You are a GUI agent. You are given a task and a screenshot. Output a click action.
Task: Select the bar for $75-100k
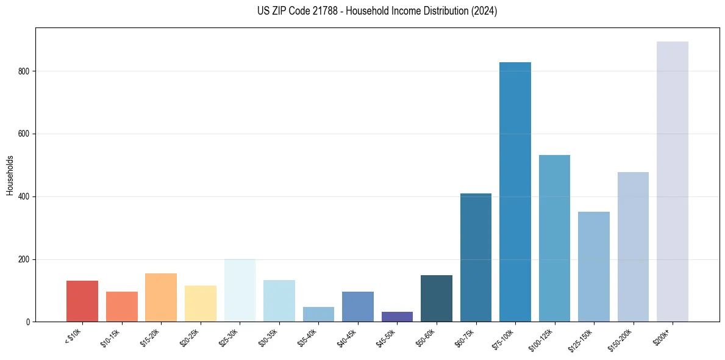point(515,192)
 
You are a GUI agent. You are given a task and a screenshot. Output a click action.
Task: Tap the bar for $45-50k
point(397,317)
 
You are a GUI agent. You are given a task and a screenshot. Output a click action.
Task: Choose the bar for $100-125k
point(554,238)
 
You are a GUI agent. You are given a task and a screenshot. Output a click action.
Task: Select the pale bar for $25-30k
point(240,290)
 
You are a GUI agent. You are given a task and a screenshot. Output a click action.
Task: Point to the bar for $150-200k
point(633,247)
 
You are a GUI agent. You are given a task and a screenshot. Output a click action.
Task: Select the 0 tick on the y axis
point(28,322)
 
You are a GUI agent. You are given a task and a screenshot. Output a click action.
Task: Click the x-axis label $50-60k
point(426,336)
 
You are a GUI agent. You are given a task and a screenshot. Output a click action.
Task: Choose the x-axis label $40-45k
point(347,336)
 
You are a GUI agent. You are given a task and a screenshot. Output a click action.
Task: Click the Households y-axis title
point(10,175)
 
